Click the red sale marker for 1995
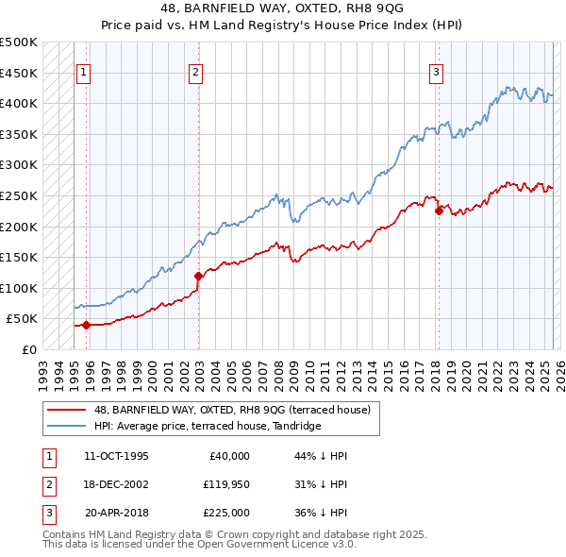[86, 325]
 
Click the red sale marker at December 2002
[199, 276]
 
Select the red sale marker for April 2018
[439, 211]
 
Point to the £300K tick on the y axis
[20, 164]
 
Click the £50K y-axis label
[24, 319]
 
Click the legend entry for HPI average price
[208, 427]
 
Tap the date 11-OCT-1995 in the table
[116, 456]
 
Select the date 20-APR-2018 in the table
[116, 513]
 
